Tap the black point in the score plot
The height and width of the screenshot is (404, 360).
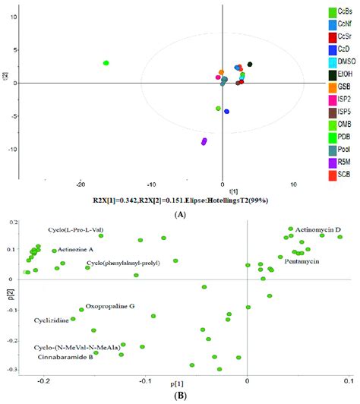coord(250,65)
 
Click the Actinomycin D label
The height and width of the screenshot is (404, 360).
coord(313,229)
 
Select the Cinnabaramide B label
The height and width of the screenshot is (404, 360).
coord(65,356)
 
